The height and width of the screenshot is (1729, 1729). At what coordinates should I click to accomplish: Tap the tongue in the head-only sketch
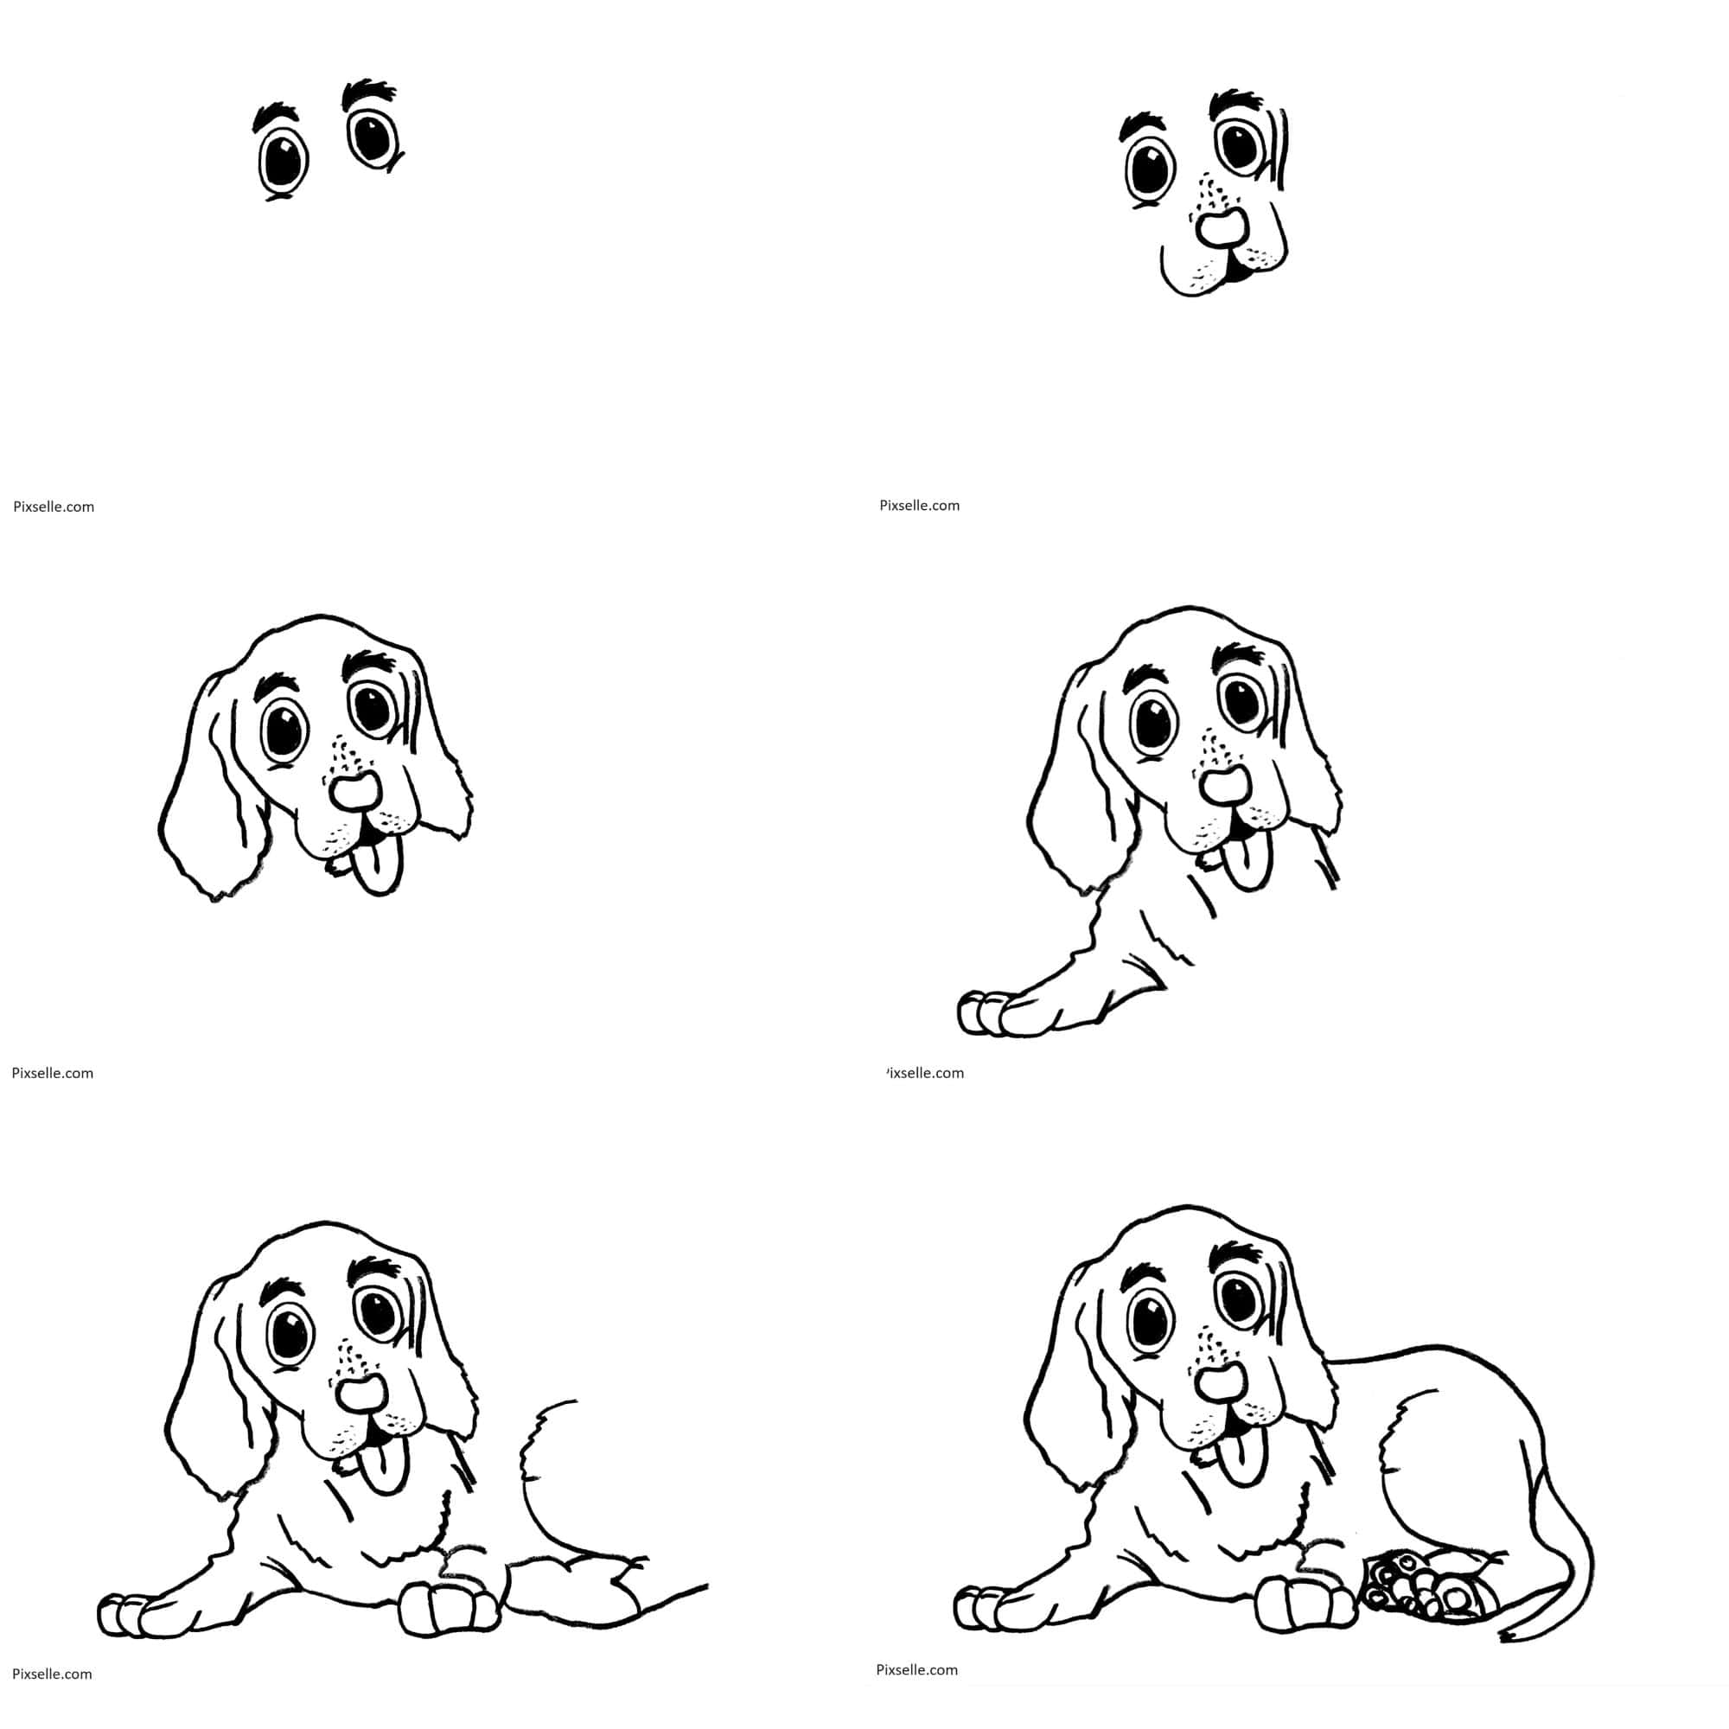(x=377, y=868)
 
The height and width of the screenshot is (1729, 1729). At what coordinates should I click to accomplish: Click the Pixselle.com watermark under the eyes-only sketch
(x=54, y=507)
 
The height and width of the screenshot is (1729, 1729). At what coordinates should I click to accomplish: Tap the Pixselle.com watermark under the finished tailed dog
(x=917, y=1669)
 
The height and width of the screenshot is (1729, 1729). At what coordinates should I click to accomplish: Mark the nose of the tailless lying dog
(x=360, y=1420)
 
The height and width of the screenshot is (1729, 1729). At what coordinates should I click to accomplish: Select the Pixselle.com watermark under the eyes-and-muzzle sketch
(x=919, y=506)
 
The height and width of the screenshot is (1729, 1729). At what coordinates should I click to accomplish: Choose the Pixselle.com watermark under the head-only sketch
(x=53, y=1073)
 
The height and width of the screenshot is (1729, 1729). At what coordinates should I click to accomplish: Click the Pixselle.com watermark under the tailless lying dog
(x=53, y=1674)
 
